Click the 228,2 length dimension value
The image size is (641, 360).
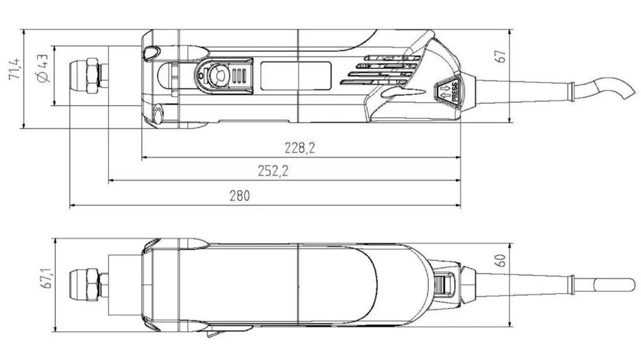(300, 148)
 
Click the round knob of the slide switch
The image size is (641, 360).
(217, 76)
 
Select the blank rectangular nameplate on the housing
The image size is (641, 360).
(295, 75)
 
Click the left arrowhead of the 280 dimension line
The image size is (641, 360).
(72, 206)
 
